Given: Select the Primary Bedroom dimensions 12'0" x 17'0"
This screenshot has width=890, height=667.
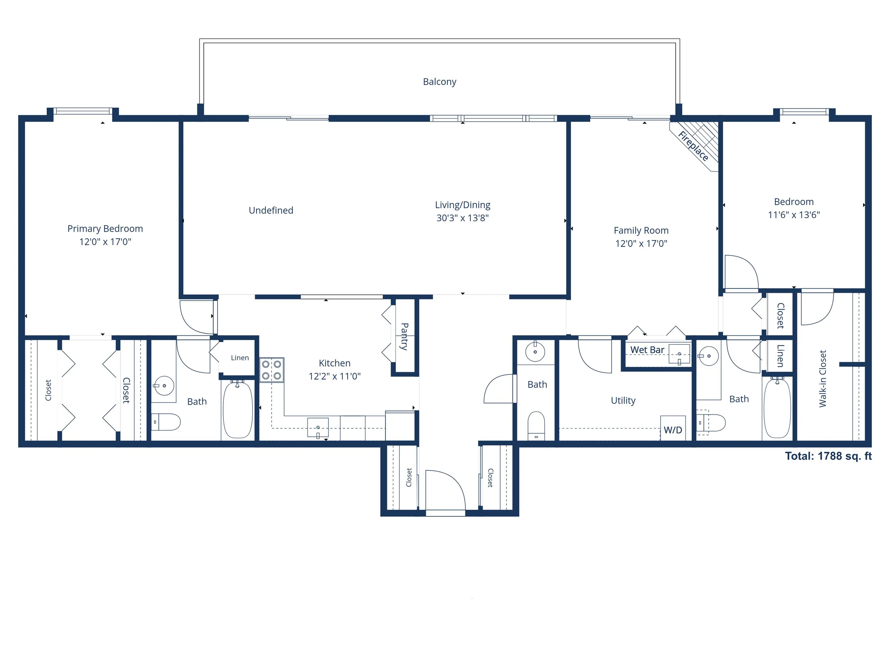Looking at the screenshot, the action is (x=105, y=242).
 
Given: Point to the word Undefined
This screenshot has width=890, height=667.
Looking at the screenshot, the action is (x=271, y=210).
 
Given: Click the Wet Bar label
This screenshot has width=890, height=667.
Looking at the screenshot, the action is (x=647, y=350).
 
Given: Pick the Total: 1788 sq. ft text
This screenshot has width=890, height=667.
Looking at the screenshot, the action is (x=828, y=456).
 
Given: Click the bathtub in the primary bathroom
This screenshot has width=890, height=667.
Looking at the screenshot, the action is (x=238, y=410).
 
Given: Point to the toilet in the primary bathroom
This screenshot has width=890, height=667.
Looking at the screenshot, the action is (x=166, y=422).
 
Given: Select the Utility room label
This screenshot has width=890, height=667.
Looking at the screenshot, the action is (x=623, y=400).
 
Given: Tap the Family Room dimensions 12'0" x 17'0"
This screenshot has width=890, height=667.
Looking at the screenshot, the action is (x=641, y=243).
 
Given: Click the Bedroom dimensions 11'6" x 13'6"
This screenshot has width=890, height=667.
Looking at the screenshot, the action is (x=794, y=215).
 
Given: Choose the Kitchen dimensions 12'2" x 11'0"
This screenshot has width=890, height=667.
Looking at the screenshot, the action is (x=334, y=376).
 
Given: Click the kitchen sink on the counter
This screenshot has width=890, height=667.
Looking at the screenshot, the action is (x=318, y=427).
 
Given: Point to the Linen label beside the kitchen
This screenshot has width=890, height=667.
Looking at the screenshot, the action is (x=239, y=358).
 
